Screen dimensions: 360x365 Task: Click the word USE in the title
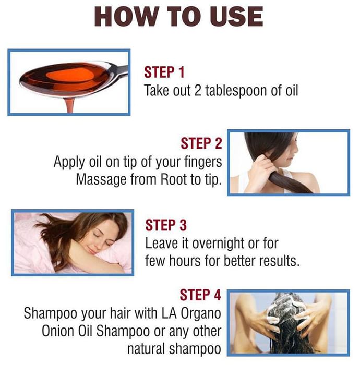tap(237, 17)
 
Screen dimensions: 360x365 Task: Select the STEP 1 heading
tap(164, 72)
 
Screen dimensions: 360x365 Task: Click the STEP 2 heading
tap(201, 143)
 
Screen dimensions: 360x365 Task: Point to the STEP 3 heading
tap(166, 225)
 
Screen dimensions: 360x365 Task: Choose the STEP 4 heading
tap(200, 295)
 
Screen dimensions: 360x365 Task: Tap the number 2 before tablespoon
tap(197, 91)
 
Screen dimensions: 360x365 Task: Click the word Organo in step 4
tap(201, 313)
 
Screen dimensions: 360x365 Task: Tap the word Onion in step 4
tap(57, 331)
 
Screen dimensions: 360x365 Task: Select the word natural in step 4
tap(146, 349)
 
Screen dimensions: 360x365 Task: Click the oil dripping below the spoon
tap(69, 105)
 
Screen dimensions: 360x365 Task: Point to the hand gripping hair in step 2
tap(262, 167)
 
